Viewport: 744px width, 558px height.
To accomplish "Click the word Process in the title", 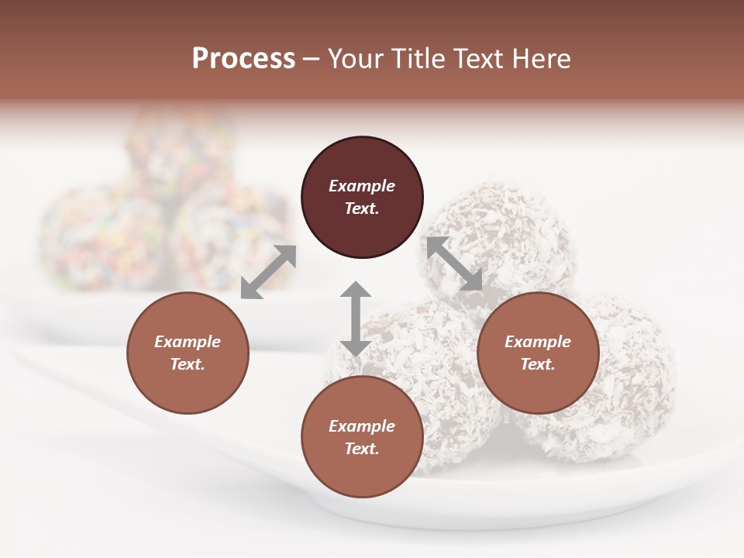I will [x=243, y=59].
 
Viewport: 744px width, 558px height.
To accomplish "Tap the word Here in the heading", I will [x=540, y=59].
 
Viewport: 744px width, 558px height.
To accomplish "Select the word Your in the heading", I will [x=353, y=59].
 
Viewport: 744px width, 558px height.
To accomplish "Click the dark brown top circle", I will [x=362, y=198].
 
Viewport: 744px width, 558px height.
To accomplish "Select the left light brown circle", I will [x=188, y=353].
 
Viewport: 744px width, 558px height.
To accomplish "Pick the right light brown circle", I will [x=538, y=353].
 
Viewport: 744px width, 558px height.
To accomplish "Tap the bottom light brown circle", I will [x=362, y=437].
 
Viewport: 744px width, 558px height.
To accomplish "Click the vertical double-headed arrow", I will [x=356, y=319].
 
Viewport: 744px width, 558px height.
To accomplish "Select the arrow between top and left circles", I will [x=268, y=272].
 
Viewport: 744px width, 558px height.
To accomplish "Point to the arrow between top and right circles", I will [x=454, y=263].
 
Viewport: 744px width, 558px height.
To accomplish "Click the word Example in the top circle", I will [x=362, y=186].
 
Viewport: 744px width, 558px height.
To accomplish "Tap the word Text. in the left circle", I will [x=188, y=364].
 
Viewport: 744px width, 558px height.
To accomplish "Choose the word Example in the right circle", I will [x=538, y=342].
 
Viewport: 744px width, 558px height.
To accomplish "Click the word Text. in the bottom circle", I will [x=362, y=449].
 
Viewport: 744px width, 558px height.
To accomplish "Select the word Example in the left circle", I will [x=188, y=342].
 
